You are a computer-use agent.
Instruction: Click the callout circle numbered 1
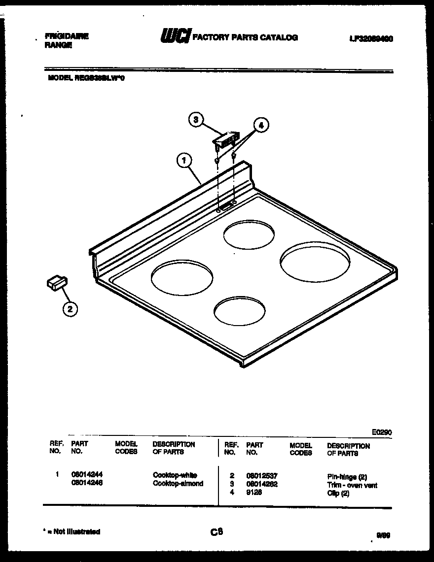point(183,160)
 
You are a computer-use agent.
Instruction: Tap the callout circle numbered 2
point(70,309)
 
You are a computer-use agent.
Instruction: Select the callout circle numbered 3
point(196,119)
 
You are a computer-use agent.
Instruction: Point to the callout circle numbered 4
point(261,126)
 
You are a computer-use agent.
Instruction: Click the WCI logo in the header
point(175,37)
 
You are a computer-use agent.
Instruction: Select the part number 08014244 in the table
point(87,475)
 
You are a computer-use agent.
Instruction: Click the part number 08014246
point(87,483)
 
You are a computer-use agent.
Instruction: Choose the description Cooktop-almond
point(178,483)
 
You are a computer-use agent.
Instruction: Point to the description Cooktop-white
point(175,475)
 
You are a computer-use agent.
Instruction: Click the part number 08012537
point(262,476)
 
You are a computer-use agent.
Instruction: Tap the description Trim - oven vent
point(352,485)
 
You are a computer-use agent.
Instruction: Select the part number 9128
point(253,492)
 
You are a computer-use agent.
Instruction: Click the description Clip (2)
point(338,493)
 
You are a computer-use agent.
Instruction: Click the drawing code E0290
point(382,432)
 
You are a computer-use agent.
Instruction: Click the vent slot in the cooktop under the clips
point(226,207)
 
